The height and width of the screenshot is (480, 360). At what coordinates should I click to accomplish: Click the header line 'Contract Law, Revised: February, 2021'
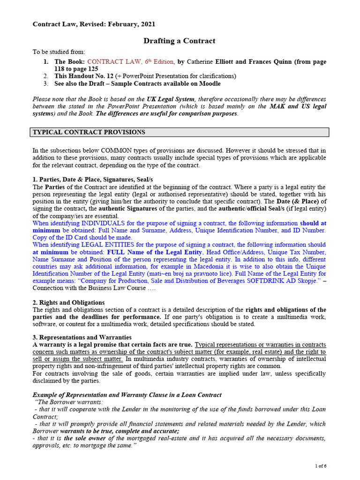pyautogui.click(x=94, y=24)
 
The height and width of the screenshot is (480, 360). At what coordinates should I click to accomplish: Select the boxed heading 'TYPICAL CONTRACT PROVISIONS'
pyautogui.click(x=89, y=132)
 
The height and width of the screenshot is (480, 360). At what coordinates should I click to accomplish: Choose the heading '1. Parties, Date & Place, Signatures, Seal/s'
pyautogui.click(x=92, y=180)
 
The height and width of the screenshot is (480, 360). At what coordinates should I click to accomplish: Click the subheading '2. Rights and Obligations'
pyautogui.click(x=68, y=302)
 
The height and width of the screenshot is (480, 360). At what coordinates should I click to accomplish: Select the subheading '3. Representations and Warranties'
pyautogui.click(x=82, y=337)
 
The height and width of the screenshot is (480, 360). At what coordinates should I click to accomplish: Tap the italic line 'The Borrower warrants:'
pyautogui.click(x=69, y=402)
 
